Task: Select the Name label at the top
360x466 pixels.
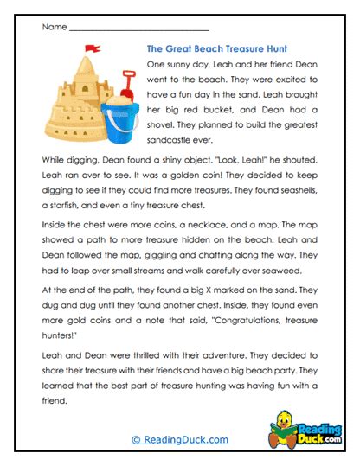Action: point(53,27)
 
